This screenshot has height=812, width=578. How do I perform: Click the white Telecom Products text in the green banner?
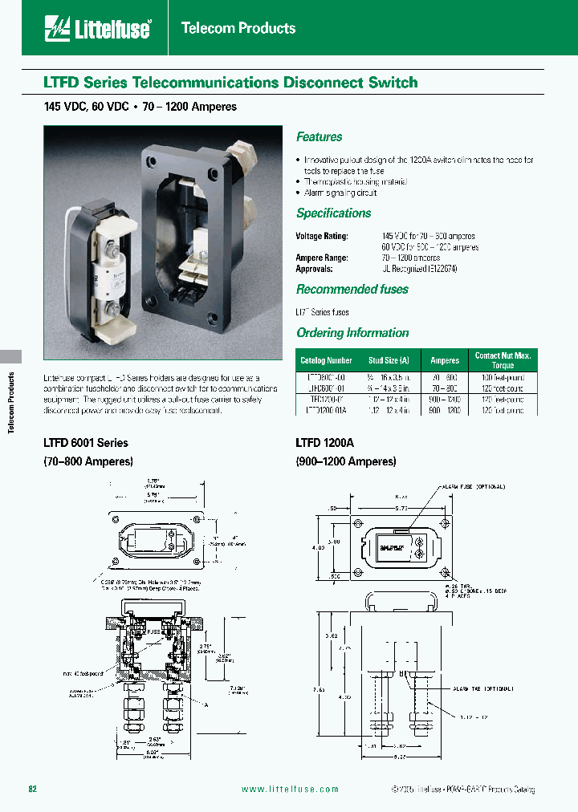pyautogui.click(x=238, y=28)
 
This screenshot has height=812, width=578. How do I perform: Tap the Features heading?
pyautogui.click(x=319, y=137)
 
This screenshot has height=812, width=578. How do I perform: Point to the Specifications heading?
pyautogui.click(x=333, y=213)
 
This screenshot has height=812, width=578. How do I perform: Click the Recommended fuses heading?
pyautogui.click(x=352, y=290)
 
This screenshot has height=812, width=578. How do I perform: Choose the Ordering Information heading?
pyautogui.click(x=352, y=333)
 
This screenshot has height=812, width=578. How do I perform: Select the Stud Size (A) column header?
pyautogui.click(x=389, y=361)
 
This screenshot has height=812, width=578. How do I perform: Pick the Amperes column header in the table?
pyautogui.click(x=445, y=361)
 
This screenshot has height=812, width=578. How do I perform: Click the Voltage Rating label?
pyautogui.click(x=322, y=236)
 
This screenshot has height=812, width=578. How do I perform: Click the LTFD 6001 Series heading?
pyautogui.click(x=85, y=443)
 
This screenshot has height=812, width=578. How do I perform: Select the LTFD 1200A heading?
pyautogui.click(x=324, y=443)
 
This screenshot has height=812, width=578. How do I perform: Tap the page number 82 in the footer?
pyautogui.click(x=33, y=790)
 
